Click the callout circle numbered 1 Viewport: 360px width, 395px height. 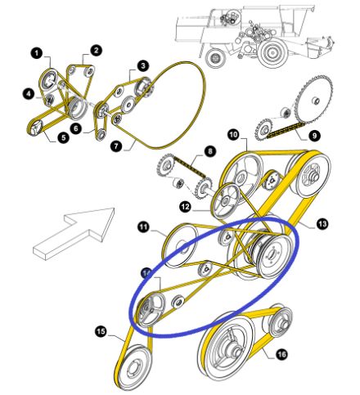pos(37,52)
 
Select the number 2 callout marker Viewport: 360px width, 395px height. pos(96,50)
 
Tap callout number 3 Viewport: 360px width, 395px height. pos(142,65)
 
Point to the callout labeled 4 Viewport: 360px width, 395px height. pos(28,95)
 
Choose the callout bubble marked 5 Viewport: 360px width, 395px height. pos(63,138)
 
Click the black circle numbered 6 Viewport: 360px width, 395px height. pos(75,128)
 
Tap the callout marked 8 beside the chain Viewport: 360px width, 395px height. pos(209,151)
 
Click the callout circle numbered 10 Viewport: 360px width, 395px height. pos(232,133)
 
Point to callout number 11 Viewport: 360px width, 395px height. pos(143,227)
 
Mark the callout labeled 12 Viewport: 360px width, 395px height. pos(185,208)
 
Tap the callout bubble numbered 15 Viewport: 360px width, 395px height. pos(101,331)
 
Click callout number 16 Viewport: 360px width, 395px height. pos(281,355)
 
